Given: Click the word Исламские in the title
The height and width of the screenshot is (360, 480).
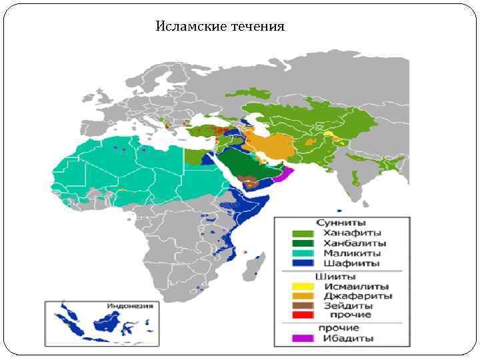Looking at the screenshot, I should click(187, 27).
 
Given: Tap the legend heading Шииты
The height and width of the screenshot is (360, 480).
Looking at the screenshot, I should click(335, 277).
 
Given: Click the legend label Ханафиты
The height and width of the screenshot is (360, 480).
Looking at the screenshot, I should click(352, 233).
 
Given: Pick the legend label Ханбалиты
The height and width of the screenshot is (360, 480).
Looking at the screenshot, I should click(355, 243).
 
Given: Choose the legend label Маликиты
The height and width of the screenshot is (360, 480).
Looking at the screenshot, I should click(352, 253).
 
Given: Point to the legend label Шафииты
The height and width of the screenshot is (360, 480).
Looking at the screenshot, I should click(351, 263).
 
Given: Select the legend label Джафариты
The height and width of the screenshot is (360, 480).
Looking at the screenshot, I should click(357, 296).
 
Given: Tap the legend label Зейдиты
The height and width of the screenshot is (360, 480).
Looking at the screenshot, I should click(349, 305).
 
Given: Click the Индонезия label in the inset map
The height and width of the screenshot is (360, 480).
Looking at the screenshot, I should click(130, 307).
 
